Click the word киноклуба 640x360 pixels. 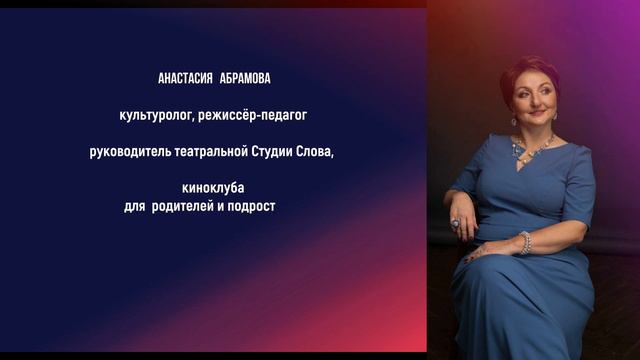(x=212, y=188)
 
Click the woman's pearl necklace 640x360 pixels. (x=534, y=150)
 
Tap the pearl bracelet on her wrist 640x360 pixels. (x=525, y=242)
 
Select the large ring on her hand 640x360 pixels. (x=455, y=223)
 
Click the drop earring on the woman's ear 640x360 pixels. (x=514, y=119)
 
